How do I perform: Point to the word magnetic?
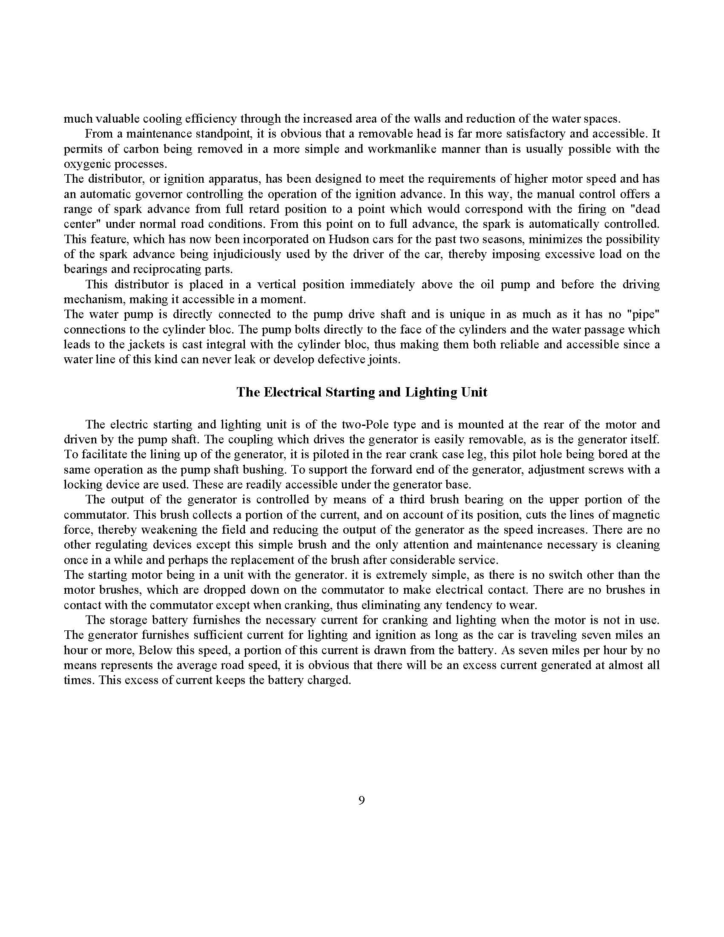pos(632,515)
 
